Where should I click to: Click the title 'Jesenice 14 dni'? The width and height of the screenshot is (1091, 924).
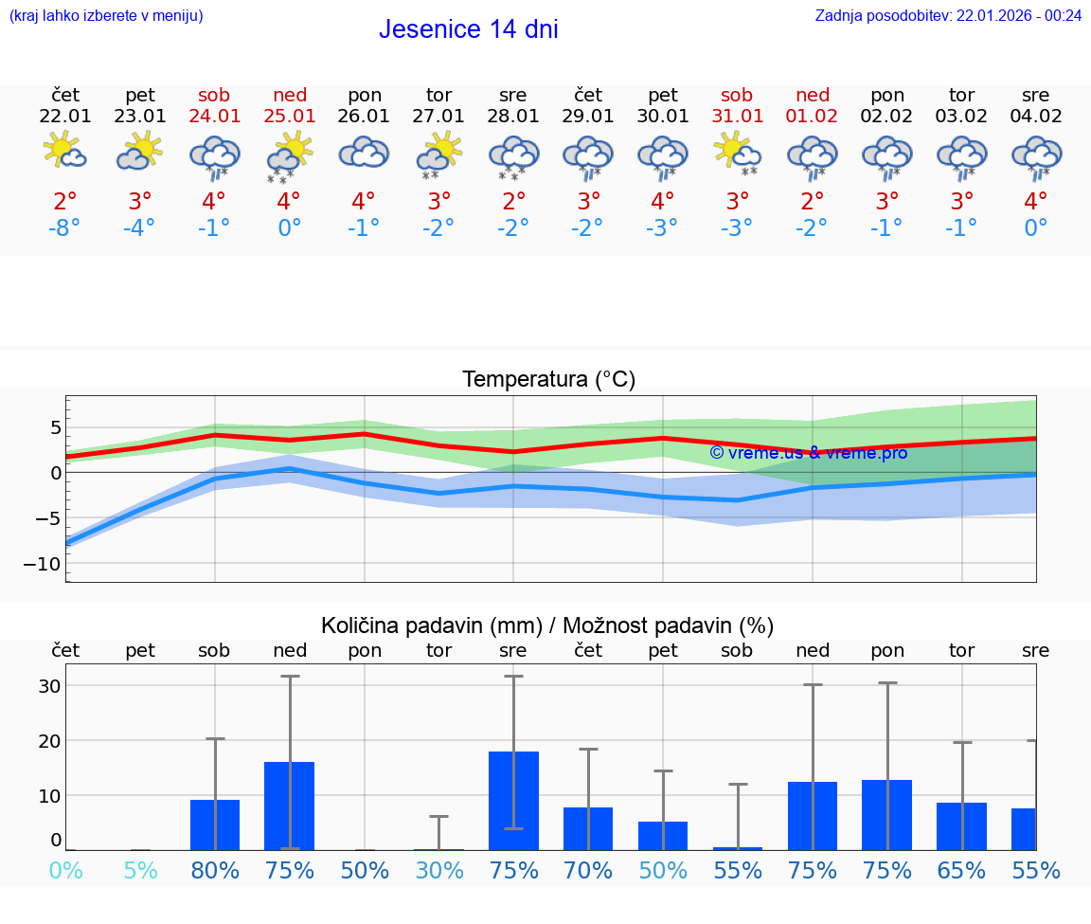[x=468, y=29]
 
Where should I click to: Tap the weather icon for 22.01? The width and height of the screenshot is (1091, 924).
[x=65, y=152]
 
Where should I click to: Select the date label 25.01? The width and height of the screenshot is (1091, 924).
[x=289, y=116]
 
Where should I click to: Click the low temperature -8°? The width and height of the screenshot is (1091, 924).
[x=65, y=228]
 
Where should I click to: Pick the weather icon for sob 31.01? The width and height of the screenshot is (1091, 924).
[x=737, y=152]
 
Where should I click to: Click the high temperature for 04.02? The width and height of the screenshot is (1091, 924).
[x=1035, y=201]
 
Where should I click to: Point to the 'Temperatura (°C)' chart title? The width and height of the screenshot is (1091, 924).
[x=548, y=380]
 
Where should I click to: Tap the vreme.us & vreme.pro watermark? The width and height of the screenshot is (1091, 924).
[x=808, y=453]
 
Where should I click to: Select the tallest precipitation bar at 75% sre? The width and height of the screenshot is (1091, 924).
[x=513, y=801]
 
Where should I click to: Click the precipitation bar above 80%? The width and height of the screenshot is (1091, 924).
[x=215, y=824]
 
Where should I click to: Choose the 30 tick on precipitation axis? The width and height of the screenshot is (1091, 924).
[x=49, y=686]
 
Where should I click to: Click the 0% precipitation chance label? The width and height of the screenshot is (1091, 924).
[x=65, y=870]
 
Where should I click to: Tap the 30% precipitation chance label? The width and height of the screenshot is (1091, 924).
[x=439, y=870]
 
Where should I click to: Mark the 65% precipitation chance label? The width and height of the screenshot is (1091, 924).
[x=961, y=870]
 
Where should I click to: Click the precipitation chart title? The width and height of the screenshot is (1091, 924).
[x=547, y=625]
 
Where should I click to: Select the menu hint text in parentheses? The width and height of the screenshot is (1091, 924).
[x=106, y=15]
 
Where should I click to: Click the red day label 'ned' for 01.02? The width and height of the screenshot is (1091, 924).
[x=813, y=95]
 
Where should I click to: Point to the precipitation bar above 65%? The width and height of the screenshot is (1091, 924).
[x=961, y=826]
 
